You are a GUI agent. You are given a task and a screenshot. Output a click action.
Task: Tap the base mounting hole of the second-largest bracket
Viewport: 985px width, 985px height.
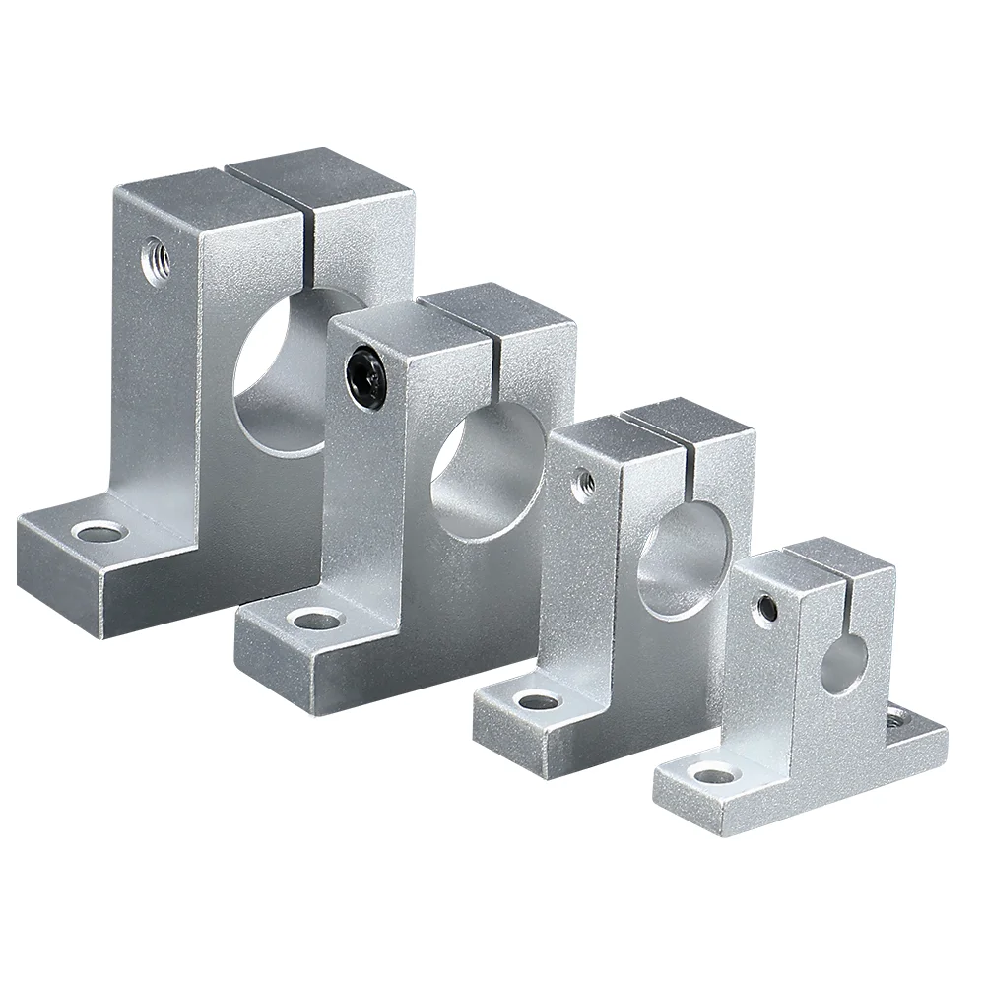(313, 621)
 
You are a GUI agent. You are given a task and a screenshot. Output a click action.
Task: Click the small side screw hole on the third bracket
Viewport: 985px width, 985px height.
(583, 480)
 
